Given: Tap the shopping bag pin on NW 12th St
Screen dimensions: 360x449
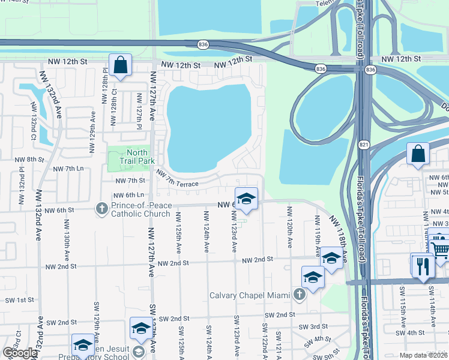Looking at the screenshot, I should [x=121, y=65].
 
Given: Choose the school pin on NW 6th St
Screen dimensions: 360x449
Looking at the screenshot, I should [x=246, y=199].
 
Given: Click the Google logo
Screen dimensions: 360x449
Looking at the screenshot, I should [x=20, y=353].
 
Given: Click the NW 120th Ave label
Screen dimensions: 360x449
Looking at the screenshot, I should [x=289, y=228].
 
